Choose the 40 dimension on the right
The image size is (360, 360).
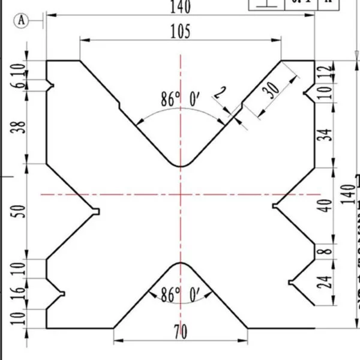click(324, 205)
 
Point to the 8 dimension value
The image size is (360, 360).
click(324, 251)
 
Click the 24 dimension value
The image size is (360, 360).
click(324, 282)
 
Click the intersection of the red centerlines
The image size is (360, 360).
click(181, 194)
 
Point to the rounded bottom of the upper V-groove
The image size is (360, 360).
click(181, 166)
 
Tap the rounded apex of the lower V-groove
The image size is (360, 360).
click(181, 263)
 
